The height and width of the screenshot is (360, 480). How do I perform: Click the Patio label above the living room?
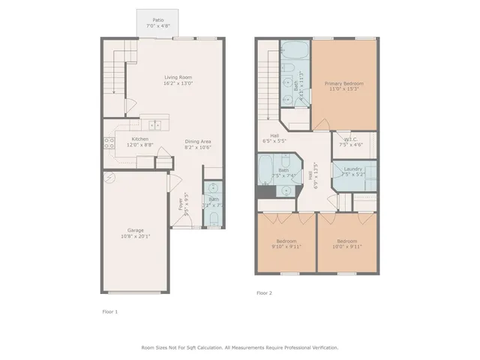pos(157,20)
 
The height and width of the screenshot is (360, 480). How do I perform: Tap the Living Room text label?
pos(178,77)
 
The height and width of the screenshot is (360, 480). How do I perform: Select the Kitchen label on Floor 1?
pos(140,139)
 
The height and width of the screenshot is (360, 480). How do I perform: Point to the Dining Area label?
pos(199,141)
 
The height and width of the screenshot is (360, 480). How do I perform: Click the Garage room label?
pos(136,229)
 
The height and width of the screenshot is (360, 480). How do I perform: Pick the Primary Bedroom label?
pos(343,83)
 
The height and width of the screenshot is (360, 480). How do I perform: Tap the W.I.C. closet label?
pos(350,139)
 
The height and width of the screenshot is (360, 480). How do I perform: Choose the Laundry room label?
pos(353,169)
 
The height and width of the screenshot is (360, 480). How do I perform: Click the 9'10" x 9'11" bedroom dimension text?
pos(285,246)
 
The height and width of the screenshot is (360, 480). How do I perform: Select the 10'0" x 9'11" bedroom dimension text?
pos(344,246)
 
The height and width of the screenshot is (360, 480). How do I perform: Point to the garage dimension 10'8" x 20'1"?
pos(136,236)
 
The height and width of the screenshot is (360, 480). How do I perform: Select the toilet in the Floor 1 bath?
pos(213,218)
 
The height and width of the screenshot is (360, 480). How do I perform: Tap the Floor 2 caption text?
pos(265,292)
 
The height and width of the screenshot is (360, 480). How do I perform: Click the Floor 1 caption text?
pos(110,310)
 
